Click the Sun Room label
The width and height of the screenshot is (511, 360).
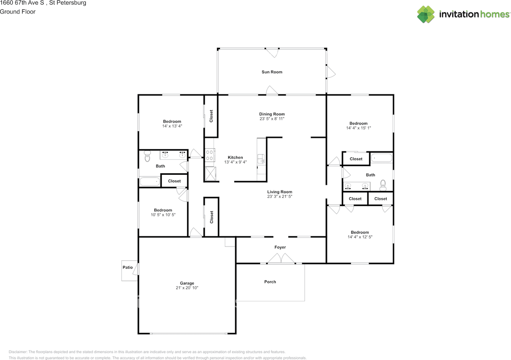point(272,72)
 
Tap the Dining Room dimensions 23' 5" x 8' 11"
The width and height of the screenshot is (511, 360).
point(272,119)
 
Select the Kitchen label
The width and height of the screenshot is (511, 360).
point(235,157)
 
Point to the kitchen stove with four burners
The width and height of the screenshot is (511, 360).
point(210,155)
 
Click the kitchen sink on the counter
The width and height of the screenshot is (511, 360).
point(261,159)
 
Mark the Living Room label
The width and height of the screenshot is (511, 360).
point(280,192)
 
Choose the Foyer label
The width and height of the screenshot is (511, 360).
point(280,247)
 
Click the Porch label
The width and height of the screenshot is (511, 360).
point(270,282)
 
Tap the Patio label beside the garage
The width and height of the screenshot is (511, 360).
point(127,267)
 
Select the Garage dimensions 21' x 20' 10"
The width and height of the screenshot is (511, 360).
point(187,288)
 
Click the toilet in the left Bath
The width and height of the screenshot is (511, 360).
point(147,156)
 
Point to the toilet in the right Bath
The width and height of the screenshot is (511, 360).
point(383,185)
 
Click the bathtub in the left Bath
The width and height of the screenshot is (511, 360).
point(150,182)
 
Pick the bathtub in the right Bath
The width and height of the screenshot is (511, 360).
point(381,158)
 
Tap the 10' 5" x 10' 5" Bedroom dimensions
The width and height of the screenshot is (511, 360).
point(163,215)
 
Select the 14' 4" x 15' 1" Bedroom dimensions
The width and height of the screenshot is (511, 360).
point(358,128)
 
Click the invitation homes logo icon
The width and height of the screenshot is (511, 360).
point(426,14)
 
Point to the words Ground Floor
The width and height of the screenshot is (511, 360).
point(18,12)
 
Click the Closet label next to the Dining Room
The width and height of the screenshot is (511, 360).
point(211,116)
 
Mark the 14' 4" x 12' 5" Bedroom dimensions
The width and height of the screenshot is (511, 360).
point(360,237)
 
